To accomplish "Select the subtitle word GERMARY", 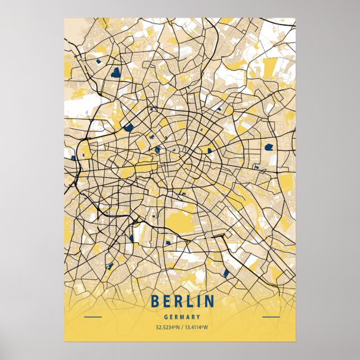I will (182, 317).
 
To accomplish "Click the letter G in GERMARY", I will (167, 317).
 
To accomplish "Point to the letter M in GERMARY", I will (182, 317).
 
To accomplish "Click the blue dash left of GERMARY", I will (92, 317).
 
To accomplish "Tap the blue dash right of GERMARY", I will (271, 317).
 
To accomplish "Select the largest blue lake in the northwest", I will (116, 72).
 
